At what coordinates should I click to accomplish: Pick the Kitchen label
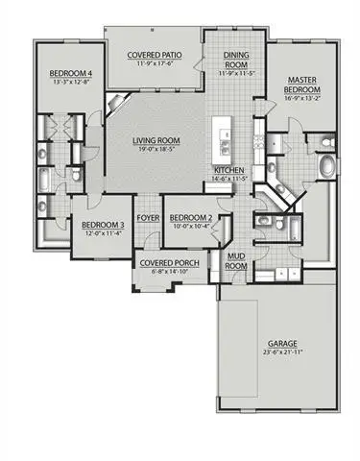point(230,170)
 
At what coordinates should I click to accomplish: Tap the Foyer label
point(148,218)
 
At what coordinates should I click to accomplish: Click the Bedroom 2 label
point(191,218)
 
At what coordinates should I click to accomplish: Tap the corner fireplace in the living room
point(116,105)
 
